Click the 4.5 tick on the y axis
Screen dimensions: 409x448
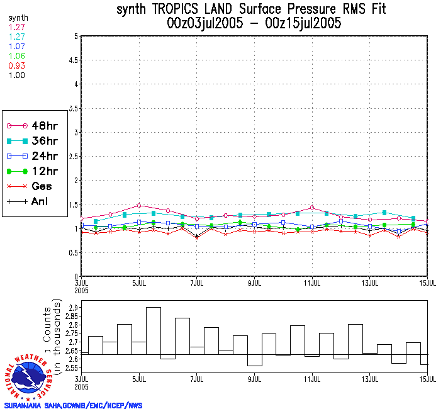click(x=73, y=60)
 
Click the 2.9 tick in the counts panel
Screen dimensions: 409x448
click(x=73, y=308)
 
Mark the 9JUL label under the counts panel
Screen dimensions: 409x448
click(x=255, y=379)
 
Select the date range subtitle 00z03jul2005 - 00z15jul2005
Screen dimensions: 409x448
click(x=254, y=24)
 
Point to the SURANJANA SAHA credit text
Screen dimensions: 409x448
click(x=73, y=405)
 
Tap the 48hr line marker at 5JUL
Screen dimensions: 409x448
click(x=139, y=206)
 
